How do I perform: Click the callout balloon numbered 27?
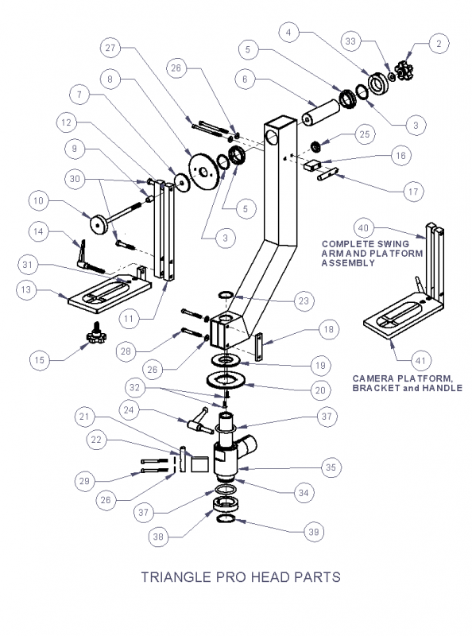110,48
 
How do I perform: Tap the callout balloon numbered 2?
439,44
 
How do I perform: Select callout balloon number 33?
350,41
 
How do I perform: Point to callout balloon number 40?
364,228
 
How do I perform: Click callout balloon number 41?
421,361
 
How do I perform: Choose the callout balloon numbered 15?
40,360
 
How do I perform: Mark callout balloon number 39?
314,532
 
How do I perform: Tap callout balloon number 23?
304,301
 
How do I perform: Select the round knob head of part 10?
98,224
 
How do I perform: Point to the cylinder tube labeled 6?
320,113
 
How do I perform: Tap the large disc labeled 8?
203,173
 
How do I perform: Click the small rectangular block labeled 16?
312,165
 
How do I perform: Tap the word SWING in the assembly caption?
393,244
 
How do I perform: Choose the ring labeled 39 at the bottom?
226,520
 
